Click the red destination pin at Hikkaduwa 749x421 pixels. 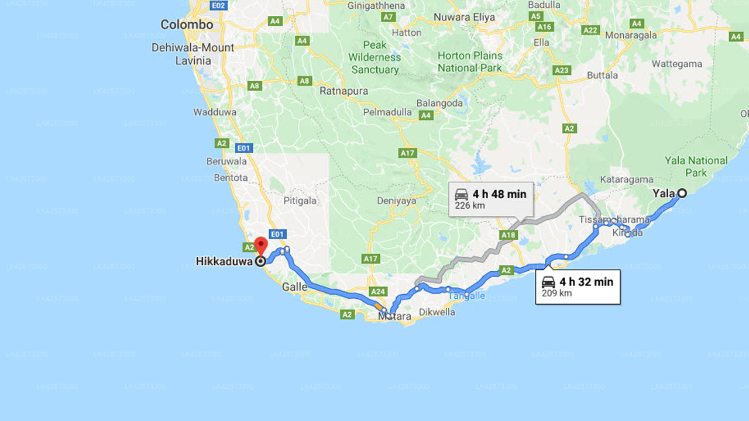point(260,246)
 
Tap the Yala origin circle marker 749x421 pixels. point(682,193)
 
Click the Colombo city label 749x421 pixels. point(187,25)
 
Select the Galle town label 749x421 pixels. point(294,287)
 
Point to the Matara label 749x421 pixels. point(394,316)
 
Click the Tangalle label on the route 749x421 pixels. point(466,295)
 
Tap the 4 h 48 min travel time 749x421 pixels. point(499,194)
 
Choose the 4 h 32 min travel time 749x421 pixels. point(586,282)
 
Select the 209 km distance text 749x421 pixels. point(556,293)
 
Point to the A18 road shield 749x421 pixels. point(509,235)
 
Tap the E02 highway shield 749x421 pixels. point(218,6)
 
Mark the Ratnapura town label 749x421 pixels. point(344,91)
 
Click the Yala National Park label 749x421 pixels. point(696,166)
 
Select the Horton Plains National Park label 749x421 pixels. point(470,61)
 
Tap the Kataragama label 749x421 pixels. point(626,180)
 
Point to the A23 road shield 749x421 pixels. point(562,70)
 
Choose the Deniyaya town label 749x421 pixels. point(397,201)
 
